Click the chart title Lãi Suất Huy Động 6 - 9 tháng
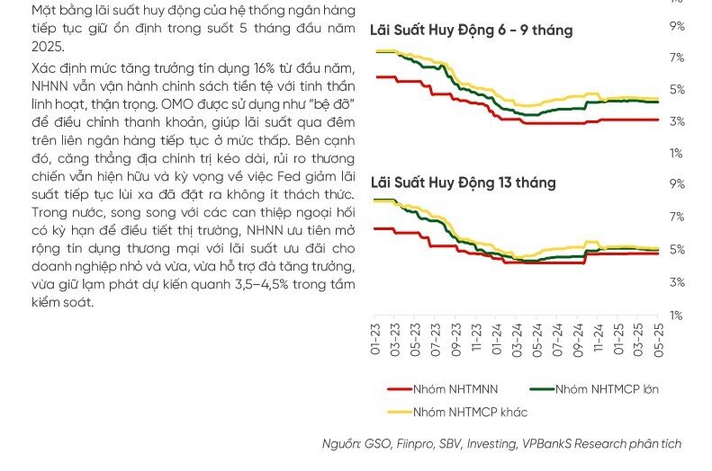(x=472, y=31)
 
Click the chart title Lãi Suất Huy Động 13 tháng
(x=464, y=182)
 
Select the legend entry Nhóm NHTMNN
(x=443, y=389)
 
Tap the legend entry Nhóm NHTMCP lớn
(x=594, y=389)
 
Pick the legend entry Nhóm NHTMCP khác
(x=457, y=413)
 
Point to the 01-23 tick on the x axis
(x=375, y=340)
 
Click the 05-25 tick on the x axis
(x=658, y=340)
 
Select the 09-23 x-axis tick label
(x=455, y=340)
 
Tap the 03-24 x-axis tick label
(x=517, y=340)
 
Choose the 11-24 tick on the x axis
(x=598, y=340)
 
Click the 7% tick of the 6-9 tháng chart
(x=677, y=58)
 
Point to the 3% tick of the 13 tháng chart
(x=677, y=282)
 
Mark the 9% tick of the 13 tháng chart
(x=677, y=183)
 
